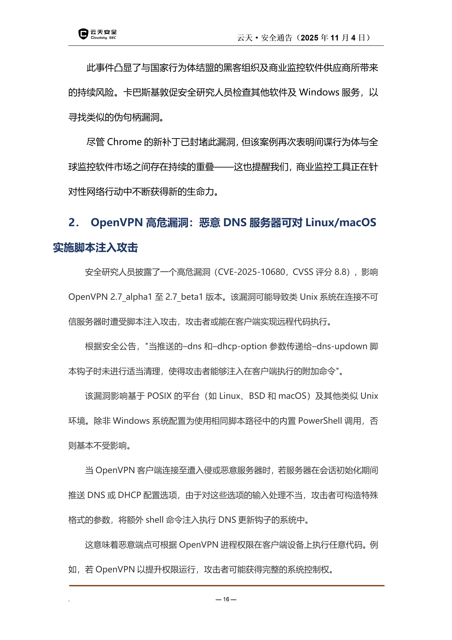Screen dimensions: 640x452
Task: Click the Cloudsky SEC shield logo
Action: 83,34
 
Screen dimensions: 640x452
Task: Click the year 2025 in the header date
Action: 309,38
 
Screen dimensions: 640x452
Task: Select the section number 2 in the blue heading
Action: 72,222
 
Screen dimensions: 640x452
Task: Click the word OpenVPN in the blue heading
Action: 117,222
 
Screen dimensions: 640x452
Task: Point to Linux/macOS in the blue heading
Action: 341,222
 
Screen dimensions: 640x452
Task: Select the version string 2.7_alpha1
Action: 131,297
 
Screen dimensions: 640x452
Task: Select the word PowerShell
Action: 320,421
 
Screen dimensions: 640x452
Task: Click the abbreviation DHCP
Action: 129,495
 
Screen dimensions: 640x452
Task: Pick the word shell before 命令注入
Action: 155,520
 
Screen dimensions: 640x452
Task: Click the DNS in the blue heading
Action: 235,222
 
